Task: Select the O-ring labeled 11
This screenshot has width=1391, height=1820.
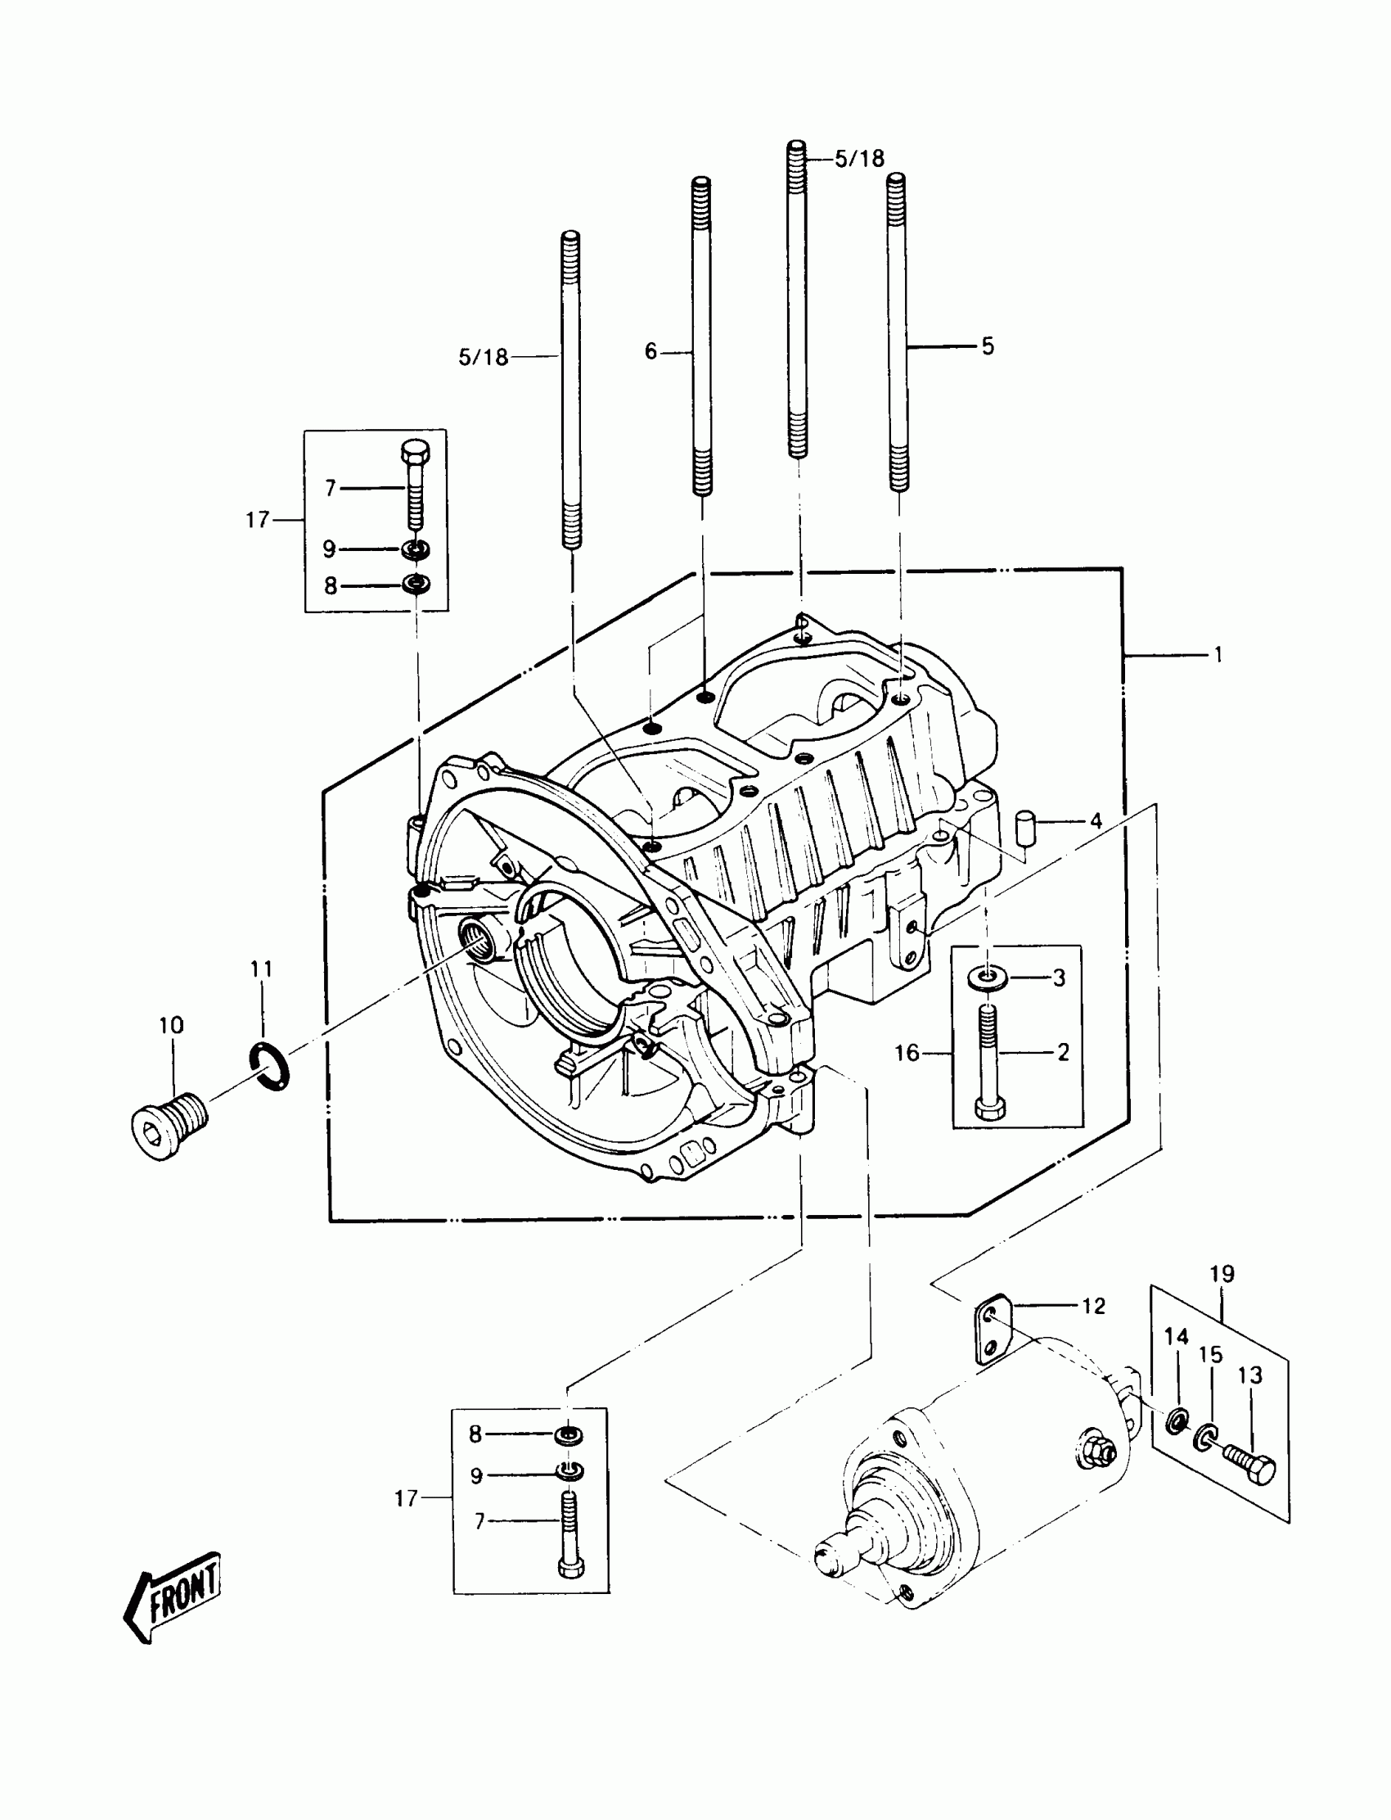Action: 270,1067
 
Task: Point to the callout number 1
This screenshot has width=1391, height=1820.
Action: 1218,655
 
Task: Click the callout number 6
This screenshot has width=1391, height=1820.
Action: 650,352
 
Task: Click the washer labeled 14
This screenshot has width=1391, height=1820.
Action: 1176,1422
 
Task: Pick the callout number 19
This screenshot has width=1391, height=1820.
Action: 1222,1274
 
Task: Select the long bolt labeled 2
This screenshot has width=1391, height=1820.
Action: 988,1060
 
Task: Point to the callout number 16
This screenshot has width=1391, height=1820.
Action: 907,1053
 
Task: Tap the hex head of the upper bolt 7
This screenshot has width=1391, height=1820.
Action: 415,452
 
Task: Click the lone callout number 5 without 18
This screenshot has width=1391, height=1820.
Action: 988,346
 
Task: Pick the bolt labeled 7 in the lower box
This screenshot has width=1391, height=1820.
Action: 568,1533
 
